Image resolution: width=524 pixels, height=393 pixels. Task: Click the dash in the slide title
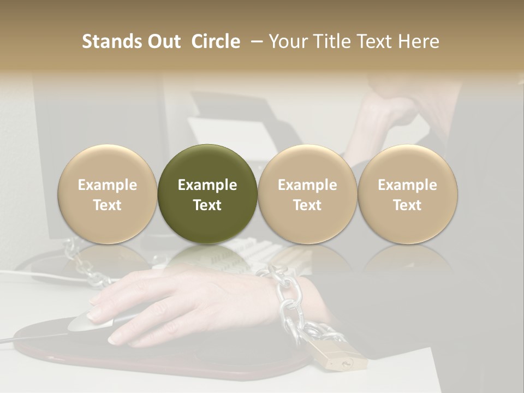pos(254,41)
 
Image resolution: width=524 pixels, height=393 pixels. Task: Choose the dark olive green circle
pos(207,194)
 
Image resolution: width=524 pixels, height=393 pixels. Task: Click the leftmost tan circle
pos(108,194)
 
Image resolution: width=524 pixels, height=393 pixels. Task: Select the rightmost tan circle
pos(408,194)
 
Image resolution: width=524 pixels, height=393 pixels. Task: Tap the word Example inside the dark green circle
pos(207,185)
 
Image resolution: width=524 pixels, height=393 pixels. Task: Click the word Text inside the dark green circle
pos(207,205)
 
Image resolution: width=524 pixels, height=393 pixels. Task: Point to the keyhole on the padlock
pos(346,362)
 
